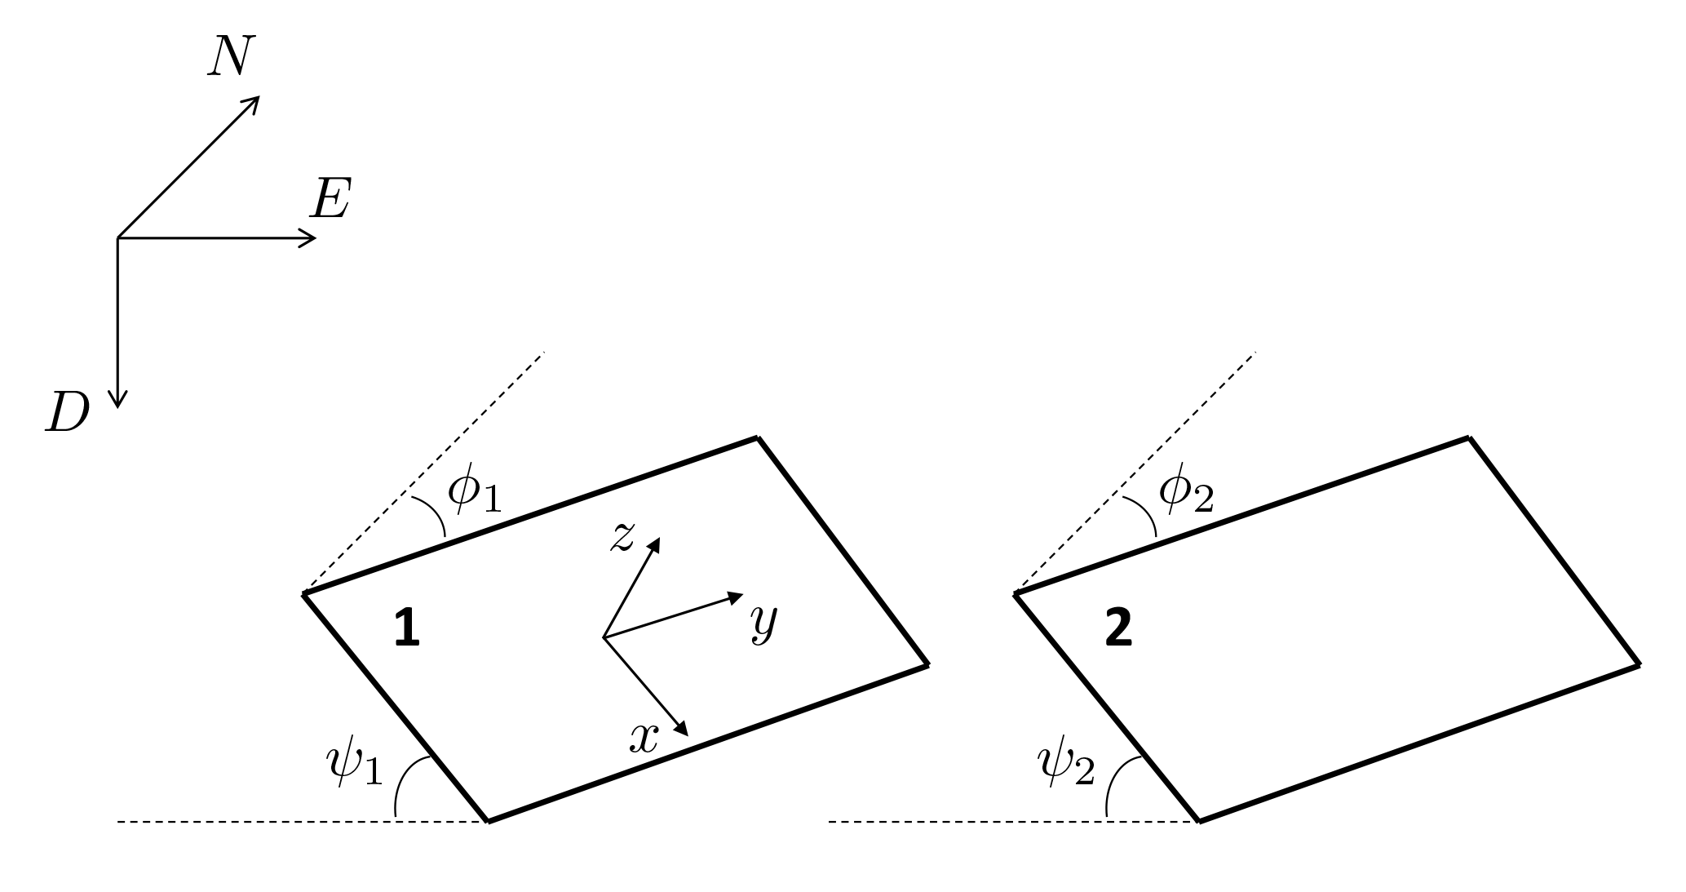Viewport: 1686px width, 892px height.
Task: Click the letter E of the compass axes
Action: [x=330, y=199]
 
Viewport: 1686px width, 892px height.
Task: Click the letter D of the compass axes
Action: [x=67, y=413]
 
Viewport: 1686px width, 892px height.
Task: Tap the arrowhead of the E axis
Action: [x=308, y=238]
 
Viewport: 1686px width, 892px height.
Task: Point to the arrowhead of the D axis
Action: [x=118, y=398]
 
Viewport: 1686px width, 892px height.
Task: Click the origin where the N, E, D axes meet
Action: [x=118, y=238]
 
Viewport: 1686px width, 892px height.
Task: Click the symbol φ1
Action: [x=474, y=493]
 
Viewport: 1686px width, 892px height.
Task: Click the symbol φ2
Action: [x=1186, y=493]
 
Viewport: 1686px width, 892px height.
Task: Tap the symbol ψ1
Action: [x=354, y=765]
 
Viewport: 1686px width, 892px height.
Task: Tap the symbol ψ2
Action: [x=1065, y=765]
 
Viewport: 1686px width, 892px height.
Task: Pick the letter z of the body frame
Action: [x=622, y=537]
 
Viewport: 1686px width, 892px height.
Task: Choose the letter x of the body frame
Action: [x=644, y=739]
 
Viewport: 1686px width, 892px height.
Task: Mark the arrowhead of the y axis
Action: [x=736, y=597]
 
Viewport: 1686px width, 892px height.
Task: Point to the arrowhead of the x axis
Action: [x=683, y=729]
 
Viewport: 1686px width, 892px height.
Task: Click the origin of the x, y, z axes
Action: [x=604, y=637]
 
